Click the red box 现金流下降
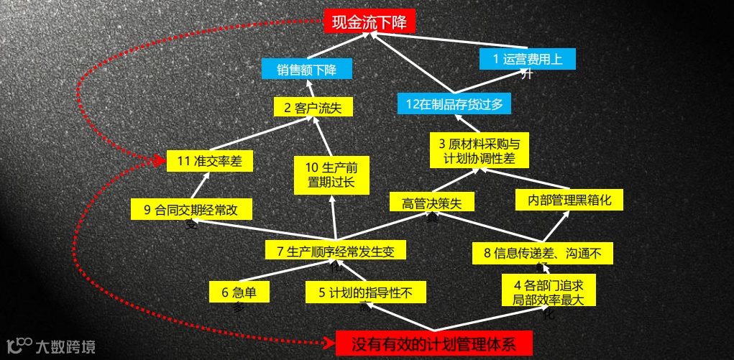[369, 22]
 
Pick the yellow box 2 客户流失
[313, 108]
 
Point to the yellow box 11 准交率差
[209, 161]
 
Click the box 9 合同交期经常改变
[191, 210]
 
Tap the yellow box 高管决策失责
[431, 202]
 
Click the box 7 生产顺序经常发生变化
[336, 251]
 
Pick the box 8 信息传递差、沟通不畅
[543, 252]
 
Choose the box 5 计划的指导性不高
[366, 292]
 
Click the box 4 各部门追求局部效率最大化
[549, 291]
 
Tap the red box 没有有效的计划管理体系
[433, 343]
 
